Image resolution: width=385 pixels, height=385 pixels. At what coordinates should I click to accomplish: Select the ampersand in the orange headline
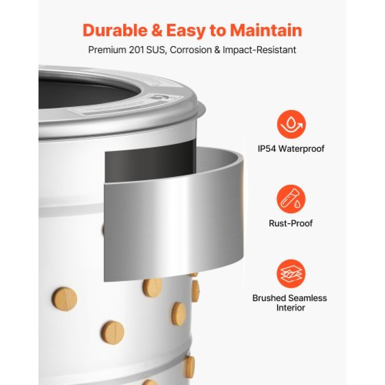coord(158,30)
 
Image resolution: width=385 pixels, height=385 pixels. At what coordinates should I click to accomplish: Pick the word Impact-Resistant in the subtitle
coord(259,50)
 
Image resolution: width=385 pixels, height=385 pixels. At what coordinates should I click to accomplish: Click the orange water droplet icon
coord(291,124)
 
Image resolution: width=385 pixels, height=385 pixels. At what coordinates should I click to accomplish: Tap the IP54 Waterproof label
coord(291,149)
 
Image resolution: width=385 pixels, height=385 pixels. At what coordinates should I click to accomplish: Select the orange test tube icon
coord(291,199)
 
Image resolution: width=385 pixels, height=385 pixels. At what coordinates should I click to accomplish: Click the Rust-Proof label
coord(291,223)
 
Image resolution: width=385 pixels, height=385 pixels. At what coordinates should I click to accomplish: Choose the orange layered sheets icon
coord(291,274)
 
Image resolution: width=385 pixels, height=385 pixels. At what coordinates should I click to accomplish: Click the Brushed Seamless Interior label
coord(290,303)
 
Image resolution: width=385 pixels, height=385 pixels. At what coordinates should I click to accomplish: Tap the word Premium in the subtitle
coord(106,50)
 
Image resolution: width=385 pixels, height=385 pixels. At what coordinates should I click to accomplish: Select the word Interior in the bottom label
coord(291,308)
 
